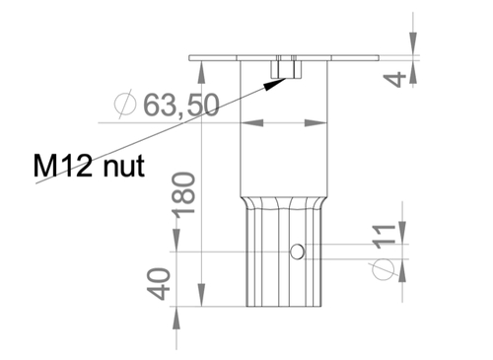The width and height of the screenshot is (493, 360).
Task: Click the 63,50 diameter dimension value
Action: coord(181,105)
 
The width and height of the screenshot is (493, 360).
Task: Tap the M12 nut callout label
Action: coord(89,166)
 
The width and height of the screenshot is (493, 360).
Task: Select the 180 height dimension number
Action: coord(184,195)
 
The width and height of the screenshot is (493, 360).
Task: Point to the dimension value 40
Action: coord(159,284)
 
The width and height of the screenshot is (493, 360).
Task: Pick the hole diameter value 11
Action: coord(384,236)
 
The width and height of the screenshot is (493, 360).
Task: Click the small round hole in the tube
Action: coord(297,252)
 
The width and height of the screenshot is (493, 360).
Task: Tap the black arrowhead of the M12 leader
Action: coord(275,84)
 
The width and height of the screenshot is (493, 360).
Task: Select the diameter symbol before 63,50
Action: coord(125,104)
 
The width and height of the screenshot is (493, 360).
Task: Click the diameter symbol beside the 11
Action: coord(384,269)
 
